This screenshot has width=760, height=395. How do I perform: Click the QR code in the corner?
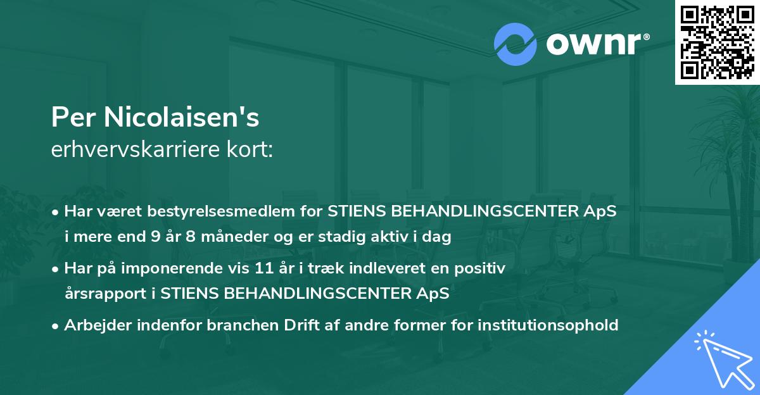click(717, 42)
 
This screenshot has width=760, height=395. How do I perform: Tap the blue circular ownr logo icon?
click(516, 44)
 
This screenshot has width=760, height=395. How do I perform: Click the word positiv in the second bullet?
click(483, 269)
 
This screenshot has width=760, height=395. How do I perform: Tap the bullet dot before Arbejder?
click(56, 326)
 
